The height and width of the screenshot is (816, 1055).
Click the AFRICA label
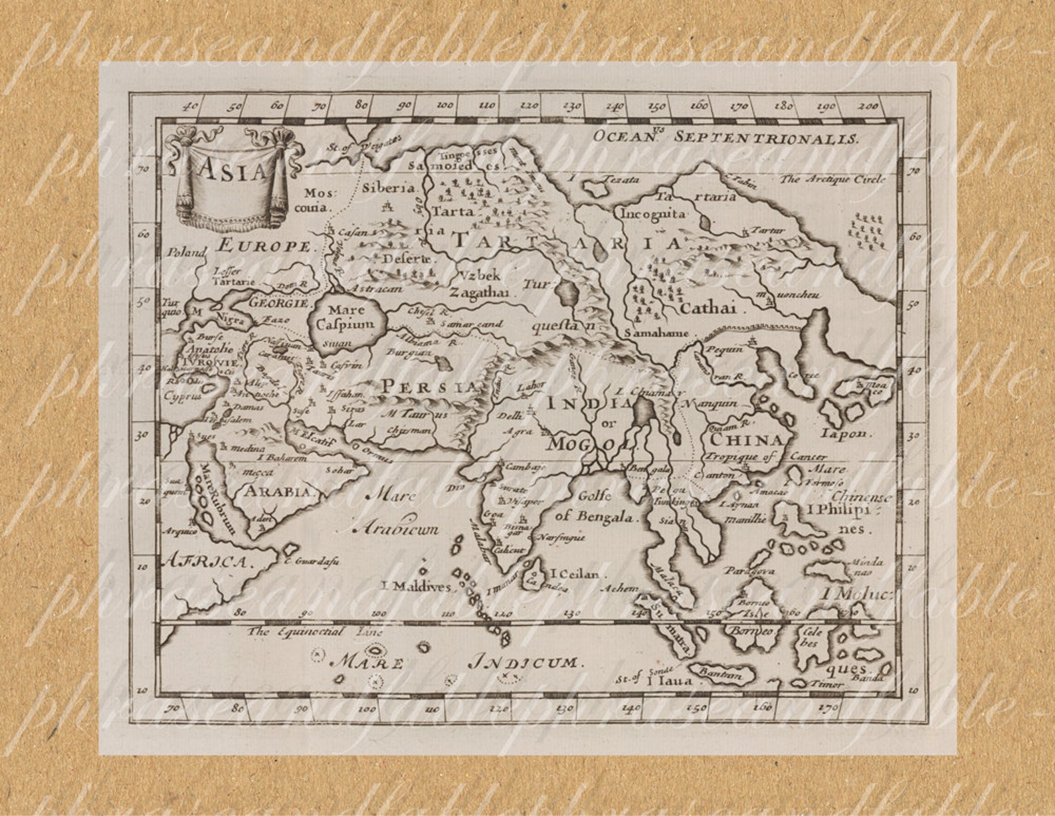[207, 561]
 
